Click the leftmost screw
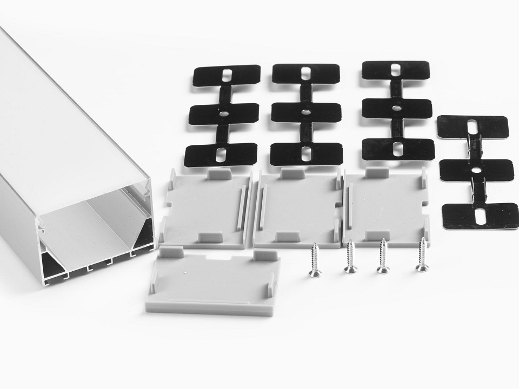click(x=314, y=261)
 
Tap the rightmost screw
click(x=422, y=254)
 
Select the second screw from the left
click(x=350, y=257)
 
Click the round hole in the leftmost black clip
click(x=223, y=113)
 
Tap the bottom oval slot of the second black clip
click(x=307, y=153)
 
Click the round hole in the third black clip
click(x=397, y=108)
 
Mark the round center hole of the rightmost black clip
click(x=476, y=170)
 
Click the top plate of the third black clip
click(x=396, y=70)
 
